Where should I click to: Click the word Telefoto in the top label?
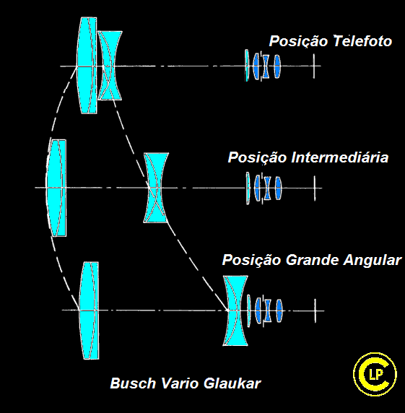362,41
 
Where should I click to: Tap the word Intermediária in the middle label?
340,157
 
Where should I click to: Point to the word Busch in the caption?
133,383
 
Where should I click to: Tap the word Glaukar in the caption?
232,383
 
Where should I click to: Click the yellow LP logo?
375,374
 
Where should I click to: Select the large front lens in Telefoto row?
87,66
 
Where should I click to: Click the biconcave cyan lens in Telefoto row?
110,66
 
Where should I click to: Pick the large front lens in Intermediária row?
56,188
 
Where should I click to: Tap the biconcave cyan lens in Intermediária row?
156,188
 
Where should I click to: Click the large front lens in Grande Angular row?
90,310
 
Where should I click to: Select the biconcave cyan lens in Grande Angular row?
235,310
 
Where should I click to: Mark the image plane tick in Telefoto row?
314,66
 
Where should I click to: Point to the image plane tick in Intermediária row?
315,188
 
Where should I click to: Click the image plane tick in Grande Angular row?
315,310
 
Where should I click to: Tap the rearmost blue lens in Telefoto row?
276,66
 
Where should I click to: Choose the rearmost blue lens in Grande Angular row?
279,310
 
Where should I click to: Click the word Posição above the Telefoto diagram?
299,42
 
